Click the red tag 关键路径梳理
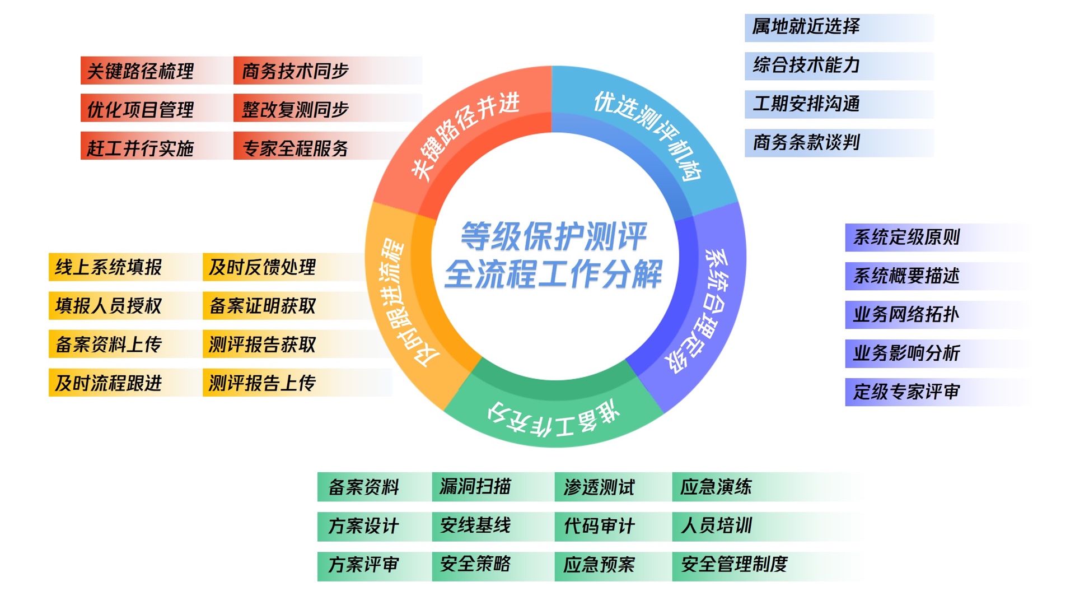tap(141, 71)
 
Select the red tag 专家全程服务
tap(295, 148)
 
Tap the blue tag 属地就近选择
tap(806, 27)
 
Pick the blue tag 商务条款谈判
tap(806, 143)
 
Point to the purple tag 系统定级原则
tap(906, 238)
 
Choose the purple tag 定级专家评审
tap(906, 392)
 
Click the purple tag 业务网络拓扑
tap(906, 315)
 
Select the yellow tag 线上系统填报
tap(109, 267)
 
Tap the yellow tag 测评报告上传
tap(262, 383)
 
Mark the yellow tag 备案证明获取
tap(262, 306)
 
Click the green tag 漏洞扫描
tap(475, 487)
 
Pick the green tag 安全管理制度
tap(733, 565)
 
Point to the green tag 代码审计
tap(599, 526)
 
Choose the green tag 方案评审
tap(363, 565)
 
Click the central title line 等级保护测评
tap(553, 236)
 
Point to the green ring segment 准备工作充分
tap(554, 417)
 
